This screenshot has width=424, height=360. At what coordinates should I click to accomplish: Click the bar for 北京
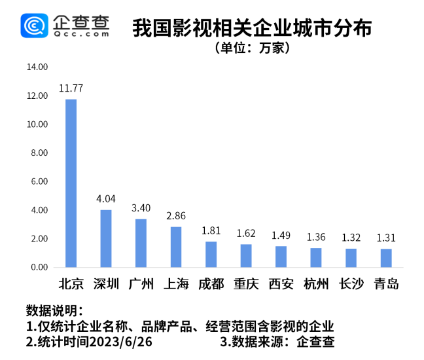pyautogui.click(x=71, y=183)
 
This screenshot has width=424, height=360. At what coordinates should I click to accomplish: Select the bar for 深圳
pyautogui.click(x=106, y=238)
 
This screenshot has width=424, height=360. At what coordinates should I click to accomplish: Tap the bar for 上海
pyautogui.click(x=176, y=247)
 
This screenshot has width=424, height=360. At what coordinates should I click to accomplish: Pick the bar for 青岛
pyautogui.click(x=386, y=258)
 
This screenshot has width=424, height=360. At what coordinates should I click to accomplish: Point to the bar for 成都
pyautogui.click(x=211, y=254)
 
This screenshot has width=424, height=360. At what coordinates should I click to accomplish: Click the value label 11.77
pyautogui.click(x=71, y=88)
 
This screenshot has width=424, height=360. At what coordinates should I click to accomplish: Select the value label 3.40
pyautogui.click(x=141, y=207)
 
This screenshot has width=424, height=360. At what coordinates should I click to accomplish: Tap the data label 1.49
pyautogui.click(x=281, y=235)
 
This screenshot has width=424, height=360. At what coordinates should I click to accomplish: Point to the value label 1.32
pyautogui.click(x=351, y=237)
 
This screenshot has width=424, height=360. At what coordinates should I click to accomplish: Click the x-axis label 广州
pyautogui.click(x=141, y=284)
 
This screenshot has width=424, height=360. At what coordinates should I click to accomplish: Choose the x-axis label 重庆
pyautogui.click(x=245, y=284)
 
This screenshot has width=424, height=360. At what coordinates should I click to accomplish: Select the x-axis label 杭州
pyautogui.click(x=316, y=284)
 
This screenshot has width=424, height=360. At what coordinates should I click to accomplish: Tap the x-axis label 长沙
pyautogui.click(x=351, y=284)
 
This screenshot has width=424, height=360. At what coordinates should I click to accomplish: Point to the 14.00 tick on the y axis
pyautogui.click(x=37, y=67)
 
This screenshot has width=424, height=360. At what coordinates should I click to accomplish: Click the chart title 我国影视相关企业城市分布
pyautogui.click(x=252, y=28)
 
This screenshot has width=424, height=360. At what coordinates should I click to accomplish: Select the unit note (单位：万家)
pyautogui.click(x=252, y=48)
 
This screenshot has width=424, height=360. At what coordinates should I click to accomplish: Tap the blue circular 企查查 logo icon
pyautogui.click(x=33, y=26)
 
